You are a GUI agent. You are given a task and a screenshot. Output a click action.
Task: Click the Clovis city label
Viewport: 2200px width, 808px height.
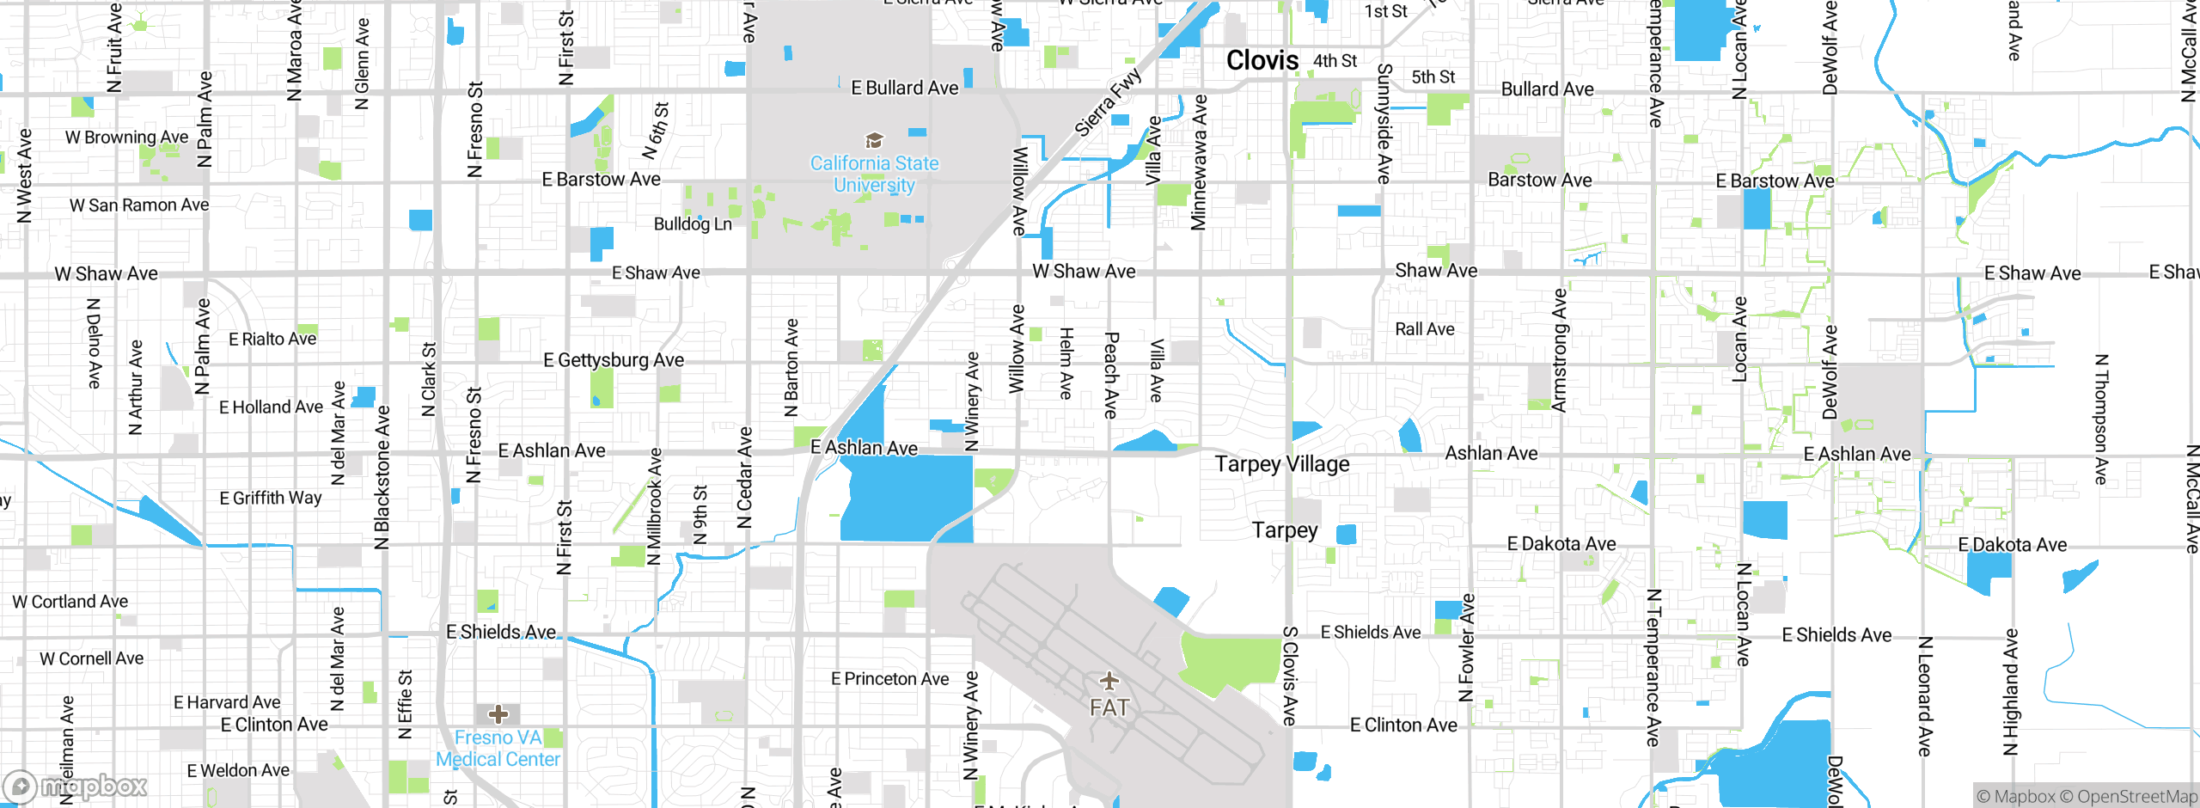1262,60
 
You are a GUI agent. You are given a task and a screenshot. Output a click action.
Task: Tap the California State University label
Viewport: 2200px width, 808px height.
874,174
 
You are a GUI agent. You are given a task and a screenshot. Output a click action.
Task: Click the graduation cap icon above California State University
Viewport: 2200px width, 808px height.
874,140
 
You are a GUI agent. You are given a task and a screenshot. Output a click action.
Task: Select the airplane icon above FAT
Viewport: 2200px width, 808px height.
1109,682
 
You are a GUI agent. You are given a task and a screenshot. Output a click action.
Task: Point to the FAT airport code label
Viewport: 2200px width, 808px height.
1109,707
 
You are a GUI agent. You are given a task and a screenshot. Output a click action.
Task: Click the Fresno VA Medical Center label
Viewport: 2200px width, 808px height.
498,749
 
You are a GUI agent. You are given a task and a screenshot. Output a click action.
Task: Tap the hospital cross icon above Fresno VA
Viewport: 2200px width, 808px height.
498,714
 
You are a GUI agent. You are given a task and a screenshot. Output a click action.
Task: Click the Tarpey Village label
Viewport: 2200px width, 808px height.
1281,464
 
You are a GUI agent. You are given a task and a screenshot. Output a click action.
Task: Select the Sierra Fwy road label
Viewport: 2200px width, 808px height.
1109,101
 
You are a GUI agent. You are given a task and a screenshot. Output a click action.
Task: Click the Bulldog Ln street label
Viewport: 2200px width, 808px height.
693,224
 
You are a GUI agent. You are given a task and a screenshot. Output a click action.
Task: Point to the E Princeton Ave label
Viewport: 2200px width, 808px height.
889,679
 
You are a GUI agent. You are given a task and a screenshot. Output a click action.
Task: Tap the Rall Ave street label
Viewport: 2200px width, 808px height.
1424,329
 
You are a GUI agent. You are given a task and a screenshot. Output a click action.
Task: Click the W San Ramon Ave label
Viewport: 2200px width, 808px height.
139,205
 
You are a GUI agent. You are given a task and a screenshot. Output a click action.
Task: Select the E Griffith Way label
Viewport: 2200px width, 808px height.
270,499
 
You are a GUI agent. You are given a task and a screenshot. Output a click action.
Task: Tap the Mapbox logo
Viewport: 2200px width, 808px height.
76,786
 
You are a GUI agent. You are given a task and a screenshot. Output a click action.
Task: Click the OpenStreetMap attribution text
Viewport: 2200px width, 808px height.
2128,797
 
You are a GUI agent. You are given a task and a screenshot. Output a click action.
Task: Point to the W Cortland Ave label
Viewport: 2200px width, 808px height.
70,602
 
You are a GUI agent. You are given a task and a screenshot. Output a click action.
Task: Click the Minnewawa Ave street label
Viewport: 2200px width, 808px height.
1199,162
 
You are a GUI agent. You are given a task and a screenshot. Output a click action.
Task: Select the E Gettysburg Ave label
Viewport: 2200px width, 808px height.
614,360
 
